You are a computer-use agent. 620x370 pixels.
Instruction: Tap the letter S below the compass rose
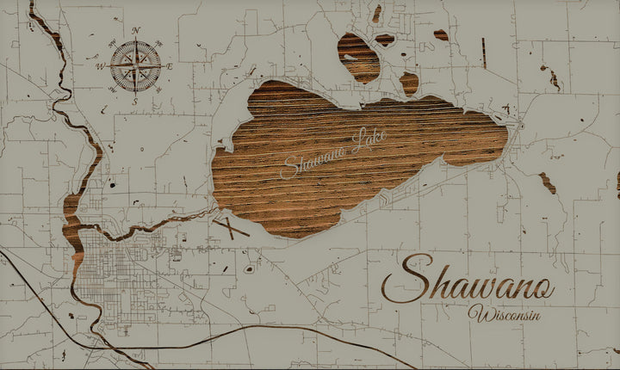(135, 101)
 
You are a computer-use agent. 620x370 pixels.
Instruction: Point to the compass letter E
(170, 66)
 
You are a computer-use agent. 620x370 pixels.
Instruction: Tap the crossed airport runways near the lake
(231, 228)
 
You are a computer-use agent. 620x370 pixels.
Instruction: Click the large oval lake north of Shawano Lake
(359, 56)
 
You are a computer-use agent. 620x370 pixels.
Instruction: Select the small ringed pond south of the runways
(249, 268)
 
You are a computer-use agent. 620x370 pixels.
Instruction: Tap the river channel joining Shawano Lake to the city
(172, 220)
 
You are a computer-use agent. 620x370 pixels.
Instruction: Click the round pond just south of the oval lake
(409, 83)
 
